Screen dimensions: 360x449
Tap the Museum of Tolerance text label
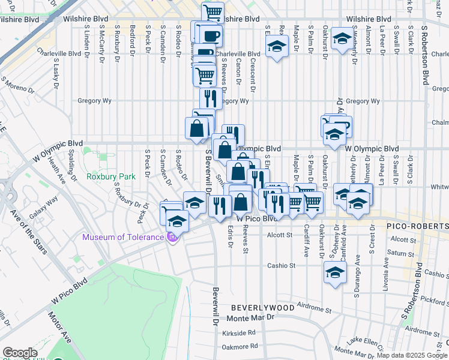(123, 237)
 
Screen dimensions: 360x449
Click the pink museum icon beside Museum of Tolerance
(173, 238)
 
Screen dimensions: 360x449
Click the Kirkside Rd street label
(238, 332)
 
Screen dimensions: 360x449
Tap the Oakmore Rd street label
(240, 346)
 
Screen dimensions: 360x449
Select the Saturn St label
(397, 253)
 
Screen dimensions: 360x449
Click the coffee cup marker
(211, 36)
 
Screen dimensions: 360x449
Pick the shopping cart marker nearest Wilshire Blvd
(212, 12)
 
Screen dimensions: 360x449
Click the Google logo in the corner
(20, 353)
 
